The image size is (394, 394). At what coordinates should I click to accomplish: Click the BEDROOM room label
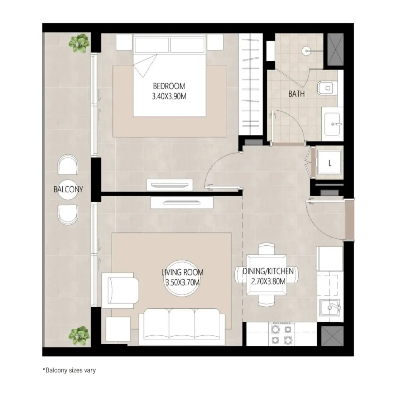pos(169,86)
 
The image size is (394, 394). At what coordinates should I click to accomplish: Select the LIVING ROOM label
pos(182,273)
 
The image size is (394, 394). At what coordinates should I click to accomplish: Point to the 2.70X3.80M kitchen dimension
pos(268,281)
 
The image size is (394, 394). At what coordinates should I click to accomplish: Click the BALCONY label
pos(68,189)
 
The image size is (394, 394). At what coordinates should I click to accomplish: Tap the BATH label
pos(297,94)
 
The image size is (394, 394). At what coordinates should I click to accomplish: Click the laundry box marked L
pos(330,163)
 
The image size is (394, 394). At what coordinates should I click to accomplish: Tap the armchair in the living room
pos(120,290)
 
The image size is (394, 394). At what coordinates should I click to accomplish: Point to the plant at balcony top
pos(79,43)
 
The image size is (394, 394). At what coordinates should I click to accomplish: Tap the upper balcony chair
pos(68,165)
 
